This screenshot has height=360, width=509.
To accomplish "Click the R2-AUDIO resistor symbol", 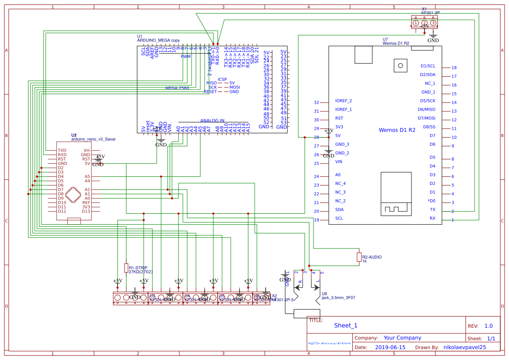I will point(359,257).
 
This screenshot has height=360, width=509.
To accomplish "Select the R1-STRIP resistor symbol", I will point(126,268).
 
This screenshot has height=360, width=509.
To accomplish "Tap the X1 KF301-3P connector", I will point(424,23).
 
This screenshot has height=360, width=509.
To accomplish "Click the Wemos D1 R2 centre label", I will point(397,130).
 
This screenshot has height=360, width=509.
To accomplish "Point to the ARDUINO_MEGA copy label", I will point(158,40).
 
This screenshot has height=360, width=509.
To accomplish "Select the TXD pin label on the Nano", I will point(62,150).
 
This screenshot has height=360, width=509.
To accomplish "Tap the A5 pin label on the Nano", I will point(88,176).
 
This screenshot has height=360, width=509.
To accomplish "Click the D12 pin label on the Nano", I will point(62,211).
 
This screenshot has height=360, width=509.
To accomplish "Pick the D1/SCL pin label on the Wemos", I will point(428,66).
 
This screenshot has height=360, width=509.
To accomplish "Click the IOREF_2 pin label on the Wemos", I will point(343,101).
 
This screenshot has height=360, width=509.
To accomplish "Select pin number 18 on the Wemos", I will point(454,68).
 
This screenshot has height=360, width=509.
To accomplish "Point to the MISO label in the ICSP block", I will point(212,83).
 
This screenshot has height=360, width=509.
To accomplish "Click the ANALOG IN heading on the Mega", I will point(212,121).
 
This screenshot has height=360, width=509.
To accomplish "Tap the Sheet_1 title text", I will point(346,325).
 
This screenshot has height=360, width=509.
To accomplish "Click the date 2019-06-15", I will point(390,347).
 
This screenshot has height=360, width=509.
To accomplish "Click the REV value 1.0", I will point(488,326).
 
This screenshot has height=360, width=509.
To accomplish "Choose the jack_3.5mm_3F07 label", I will point(338,298).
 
